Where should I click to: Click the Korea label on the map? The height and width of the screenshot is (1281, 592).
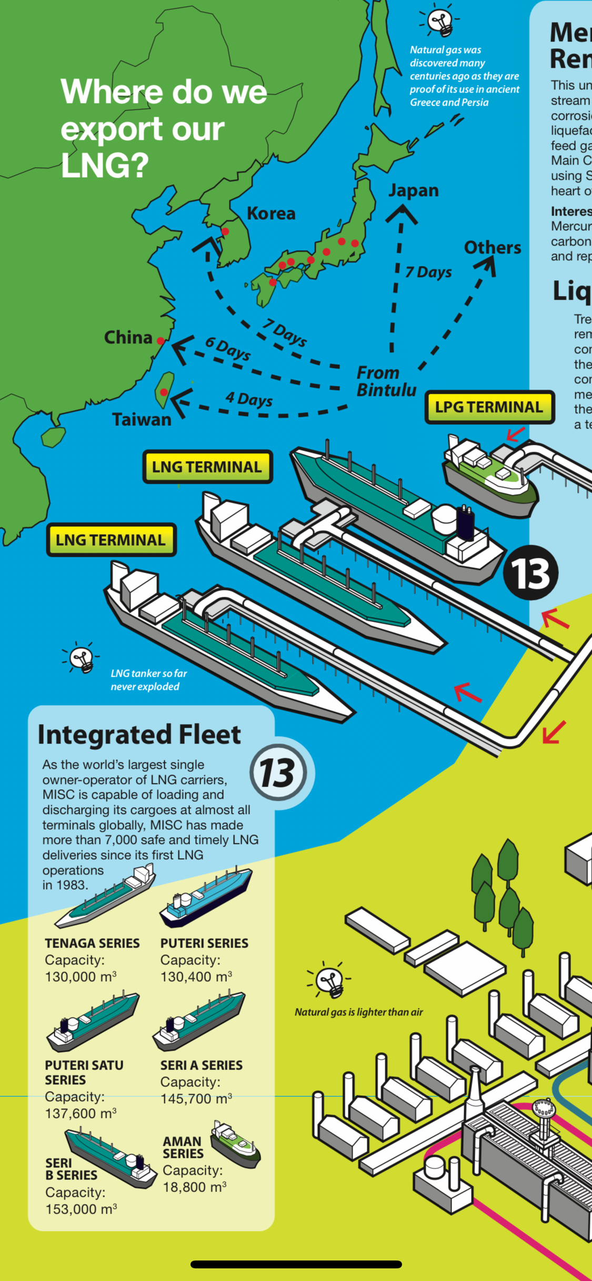[x=271, y=213]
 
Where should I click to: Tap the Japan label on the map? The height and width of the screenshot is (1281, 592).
[x=414, y=190]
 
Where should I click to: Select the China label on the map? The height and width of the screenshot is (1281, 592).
[x=128, y=337]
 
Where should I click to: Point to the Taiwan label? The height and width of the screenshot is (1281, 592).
[x=142, y=420]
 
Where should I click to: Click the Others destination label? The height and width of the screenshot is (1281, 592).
[x=493, y=248]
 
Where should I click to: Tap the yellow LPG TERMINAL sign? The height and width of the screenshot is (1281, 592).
[x=489, y=407]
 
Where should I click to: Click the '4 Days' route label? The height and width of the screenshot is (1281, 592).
[x=249, y=399]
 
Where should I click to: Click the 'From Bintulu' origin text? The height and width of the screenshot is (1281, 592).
[x=386, y=381]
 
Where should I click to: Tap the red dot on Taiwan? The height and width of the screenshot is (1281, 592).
[x=164, y=392]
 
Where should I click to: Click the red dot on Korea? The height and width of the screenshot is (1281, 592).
[x=225, y=231]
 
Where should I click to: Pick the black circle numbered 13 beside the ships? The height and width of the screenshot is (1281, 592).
[x=530, y=573]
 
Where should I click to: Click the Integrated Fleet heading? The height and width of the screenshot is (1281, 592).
[x=139, y=735]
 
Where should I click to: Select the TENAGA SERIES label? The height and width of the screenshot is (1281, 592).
[x=92, y=943]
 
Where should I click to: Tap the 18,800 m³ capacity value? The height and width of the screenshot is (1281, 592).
[x=194, y=1187]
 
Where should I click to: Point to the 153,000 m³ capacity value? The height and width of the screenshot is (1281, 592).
[x=81, y=1209]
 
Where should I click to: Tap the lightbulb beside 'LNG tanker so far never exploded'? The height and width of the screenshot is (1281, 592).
[x=82, y=657]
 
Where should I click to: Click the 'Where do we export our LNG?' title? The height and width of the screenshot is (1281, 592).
[x=163, y=128]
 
